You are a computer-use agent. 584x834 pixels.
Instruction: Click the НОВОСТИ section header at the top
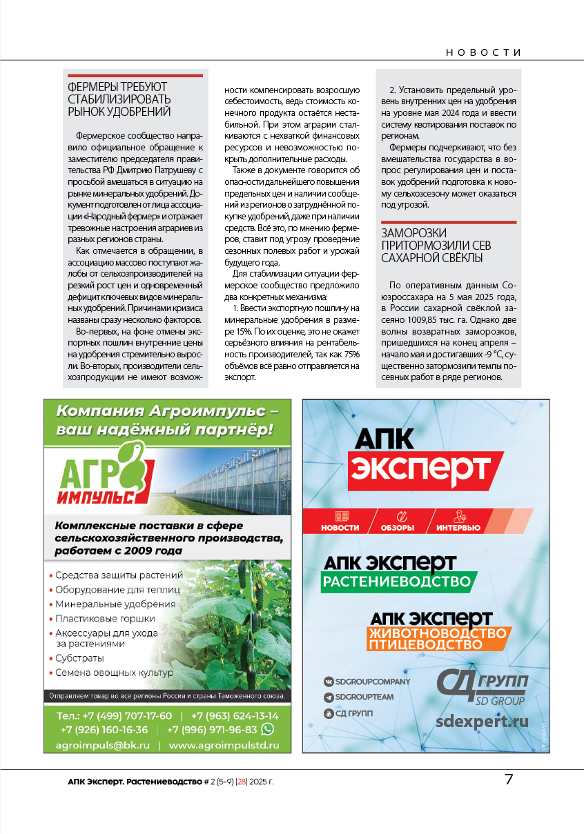pos(483,52)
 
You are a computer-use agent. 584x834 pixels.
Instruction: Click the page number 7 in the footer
pos(509,780)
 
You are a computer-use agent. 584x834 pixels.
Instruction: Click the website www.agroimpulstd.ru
pos(224,745)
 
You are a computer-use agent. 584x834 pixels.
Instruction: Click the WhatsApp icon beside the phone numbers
pos(267,729)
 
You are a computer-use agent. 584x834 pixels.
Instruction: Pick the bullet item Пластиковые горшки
pos(105,619)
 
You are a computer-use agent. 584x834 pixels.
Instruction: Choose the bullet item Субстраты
pos(79,658)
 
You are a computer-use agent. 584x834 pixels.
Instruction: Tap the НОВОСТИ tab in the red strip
pos(340,528)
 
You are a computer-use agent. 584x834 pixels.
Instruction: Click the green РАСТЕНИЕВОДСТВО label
pos(398,582)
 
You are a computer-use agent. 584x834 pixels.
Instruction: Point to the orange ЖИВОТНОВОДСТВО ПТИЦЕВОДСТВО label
pos(437,639)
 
